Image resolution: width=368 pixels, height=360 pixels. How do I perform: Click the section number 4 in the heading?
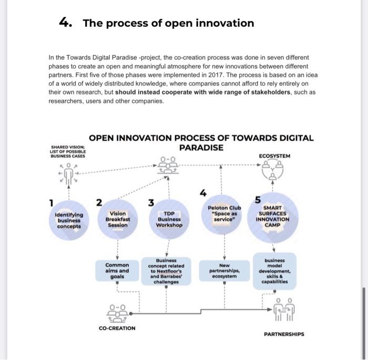coord(65,23)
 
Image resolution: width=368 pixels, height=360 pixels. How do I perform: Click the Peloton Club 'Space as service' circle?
coord(224,215)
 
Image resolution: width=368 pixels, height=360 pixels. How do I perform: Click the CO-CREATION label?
coord(117,328)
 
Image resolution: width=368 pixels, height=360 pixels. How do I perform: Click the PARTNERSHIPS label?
coord(284,334)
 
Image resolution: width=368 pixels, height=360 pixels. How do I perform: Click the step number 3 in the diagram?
coord(151,202)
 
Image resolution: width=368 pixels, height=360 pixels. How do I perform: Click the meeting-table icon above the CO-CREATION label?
coord(117,313)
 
